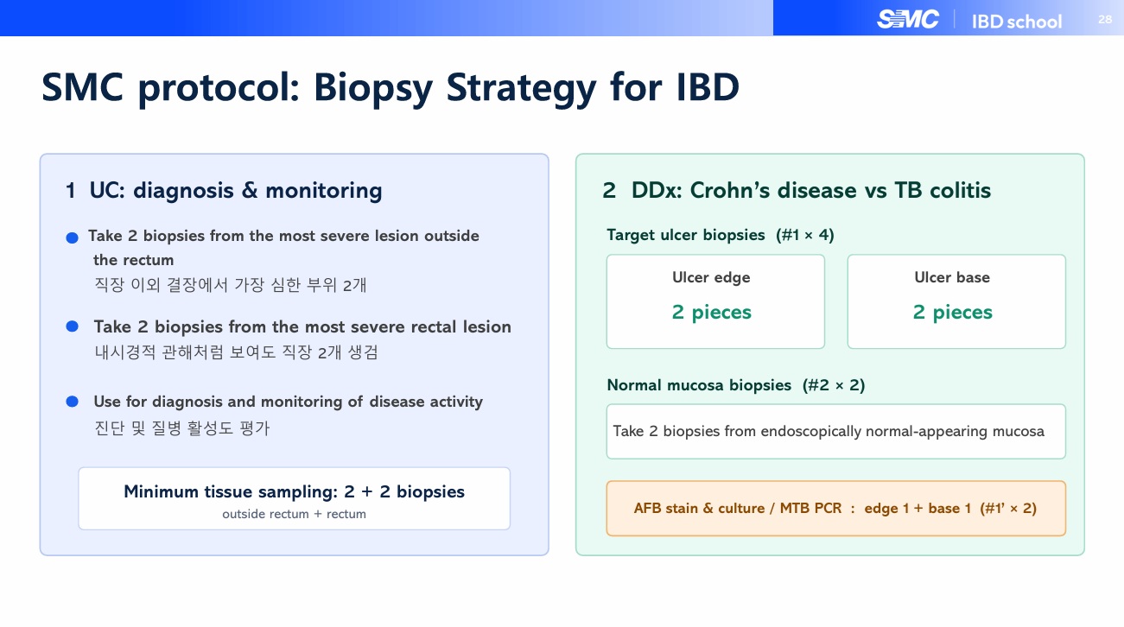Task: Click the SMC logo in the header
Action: pos(908,20)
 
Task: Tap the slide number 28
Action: pos(1105,20)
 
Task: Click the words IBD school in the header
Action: pos(1017,22)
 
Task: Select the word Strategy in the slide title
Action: pos(521,88)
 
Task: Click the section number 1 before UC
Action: pos(70,191)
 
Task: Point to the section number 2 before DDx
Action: pos(609,191)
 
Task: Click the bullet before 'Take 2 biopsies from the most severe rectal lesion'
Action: pos(73,326)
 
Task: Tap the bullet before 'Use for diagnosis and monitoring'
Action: pos(73,402)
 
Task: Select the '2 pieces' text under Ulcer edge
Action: pos(712,312)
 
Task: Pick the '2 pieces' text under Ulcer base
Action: pos(952,312)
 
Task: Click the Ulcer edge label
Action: pos(711,277)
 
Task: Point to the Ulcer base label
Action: pos(952,277)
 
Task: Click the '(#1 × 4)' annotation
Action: pos(805,235)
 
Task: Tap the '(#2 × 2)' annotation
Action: pos(834,385)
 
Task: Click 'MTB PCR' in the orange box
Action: pos(810,508)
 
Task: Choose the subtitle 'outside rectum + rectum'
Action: pos(294,514)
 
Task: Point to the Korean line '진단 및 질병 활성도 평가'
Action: pos(182,427)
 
